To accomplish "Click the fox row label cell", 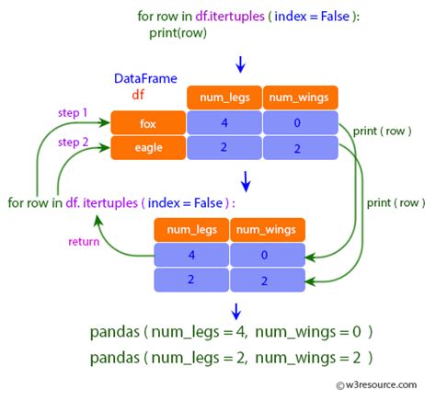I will point(147,122).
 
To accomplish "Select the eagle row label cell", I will point(147,147).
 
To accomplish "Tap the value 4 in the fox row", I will point(224,122).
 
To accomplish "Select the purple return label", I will point(84,242).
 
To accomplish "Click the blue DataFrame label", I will point(145,79).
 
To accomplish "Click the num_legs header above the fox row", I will point(224,97).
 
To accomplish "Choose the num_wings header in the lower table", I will point(267,229).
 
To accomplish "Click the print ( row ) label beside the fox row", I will point(384,131).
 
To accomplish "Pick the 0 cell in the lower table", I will point(267,254).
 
